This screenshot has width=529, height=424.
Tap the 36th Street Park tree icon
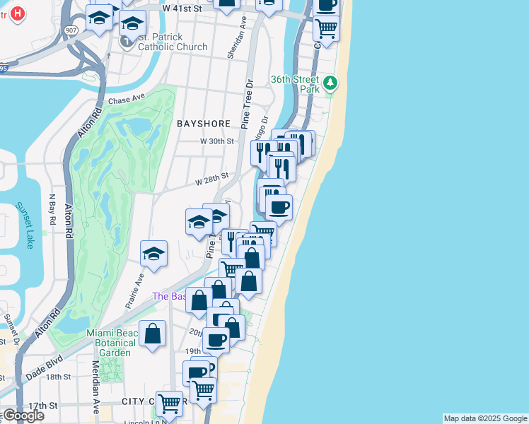click(330, 84)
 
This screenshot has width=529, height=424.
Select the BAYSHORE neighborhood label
click(204, 124)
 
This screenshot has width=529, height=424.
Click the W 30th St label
click(216, 141)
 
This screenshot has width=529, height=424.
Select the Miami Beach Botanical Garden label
click(109, 343)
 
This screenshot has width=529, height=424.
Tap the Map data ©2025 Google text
click(485, 418)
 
